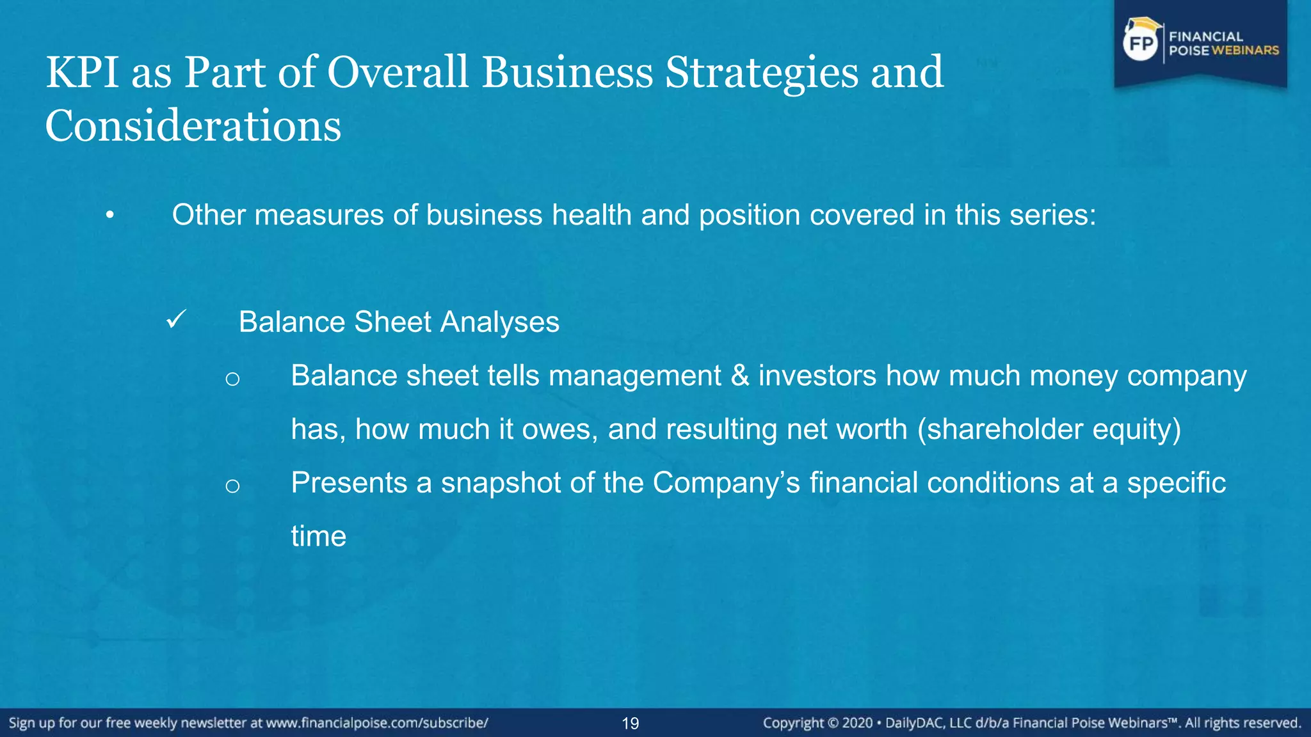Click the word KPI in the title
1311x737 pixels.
click(x=82, y=72)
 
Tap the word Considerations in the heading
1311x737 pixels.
click(x=193, y=126)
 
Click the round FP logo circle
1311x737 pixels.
click(x=1141, y=44)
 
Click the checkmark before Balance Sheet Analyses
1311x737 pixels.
click(x=175, y=319)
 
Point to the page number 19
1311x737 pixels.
click(x=630, y=724)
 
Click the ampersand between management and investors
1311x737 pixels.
click(x=739, y=376)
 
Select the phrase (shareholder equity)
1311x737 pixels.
click(x=1049, y=429)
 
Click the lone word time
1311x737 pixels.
click(x=318, y=536)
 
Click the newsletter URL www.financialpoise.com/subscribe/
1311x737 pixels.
click(x=377, y=723)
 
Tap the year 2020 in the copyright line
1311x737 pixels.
click(x=857, y=723)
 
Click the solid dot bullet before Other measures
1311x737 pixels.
click(x=110, y=216)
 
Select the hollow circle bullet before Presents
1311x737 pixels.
click(x=232, y=486)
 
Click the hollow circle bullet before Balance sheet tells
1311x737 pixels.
click(x=232, y=379)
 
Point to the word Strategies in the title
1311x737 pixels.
click(x=761, y=72)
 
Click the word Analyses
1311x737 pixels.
click(x=499, y=322)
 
